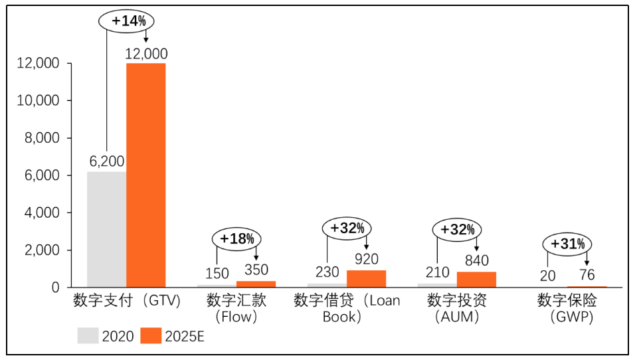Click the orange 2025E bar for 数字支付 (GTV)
click(146, 175)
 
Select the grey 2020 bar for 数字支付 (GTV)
click(106, 229)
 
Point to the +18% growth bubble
click(236, 238)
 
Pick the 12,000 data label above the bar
click(146, 54)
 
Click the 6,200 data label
click(106, 161)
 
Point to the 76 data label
click(587, 275)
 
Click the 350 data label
click(256, 270)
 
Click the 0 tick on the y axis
click(56, 288)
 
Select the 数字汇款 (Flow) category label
click(236, 308)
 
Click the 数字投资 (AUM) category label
click(457, 308)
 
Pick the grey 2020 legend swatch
click(88, 335)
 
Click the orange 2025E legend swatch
click(151, 335)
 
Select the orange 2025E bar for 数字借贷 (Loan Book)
click(367, 278)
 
